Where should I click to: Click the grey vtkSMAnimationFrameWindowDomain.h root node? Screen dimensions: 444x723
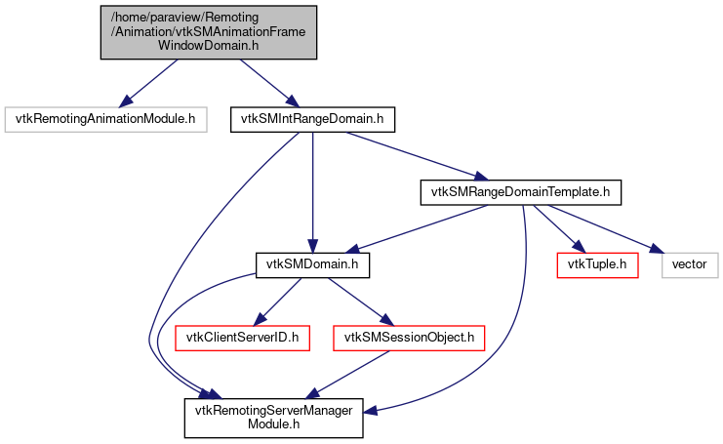(209, 31)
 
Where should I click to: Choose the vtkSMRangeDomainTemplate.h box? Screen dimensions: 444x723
(519, 192)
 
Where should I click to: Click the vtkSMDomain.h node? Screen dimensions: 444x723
(311, 264)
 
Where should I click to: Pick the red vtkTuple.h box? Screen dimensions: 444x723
(597, 264)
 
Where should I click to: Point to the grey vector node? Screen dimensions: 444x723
(690, 264)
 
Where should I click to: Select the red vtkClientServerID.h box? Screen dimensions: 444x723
(242, 338)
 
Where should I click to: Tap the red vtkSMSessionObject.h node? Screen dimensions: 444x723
(410, 338)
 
